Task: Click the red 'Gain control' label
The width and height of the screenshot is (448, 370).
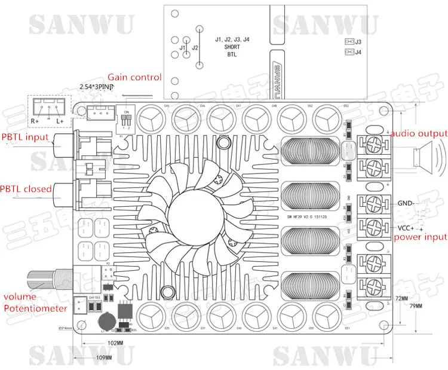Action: coord(134,77)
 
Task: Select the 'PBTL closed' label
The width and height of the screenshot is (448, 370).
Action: coord(26,188)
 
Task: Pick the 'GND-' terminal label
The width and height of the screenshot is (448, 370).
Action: coord(406,204)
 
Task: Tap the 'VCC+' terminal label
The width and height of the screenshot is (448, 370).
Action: coord(406,227)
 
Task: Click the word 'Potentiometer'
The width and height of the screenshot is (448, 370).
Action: coord(35,308)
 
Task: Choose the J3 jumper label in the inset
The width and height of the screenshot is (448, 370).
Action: coord(358,41)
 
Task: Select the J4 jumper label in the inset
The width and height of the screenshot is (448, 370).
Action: coord(358,53)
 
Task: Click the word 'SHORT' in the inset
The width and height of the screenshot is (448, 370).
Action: coord(232,46)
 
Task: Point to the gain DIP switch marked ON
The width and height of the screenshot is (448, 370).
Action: coord(127,119)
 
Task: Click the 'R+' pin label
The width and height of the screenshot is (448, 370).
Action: coord(35,121)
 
